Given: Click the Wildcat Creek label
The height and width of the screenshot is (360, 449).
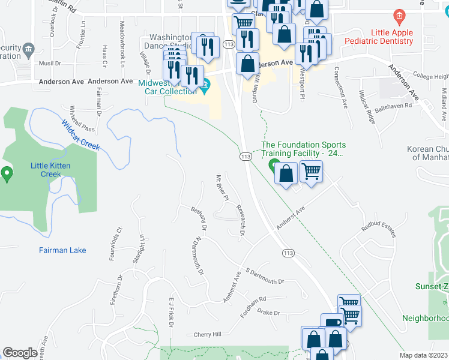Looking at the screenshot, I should [80, 135].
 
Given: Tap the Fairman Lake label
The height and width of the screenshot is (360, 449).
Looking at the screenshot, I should [62, 250].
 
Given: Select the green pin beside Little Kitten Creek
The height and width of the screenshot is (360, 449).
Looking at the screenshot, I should [7, 175].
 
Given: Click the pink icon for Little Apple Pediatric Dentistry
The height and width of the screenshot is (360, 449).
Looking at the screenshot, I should [397, 16].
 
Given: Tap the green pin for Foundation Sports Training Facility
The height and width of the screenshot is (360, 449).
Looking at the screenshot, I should [274, 165].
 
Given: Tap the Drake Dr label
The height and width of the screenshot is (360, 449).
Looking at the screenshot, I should [268, 313].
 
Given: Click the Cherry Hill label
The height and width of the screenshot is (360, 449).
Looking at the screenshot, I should [207, 334].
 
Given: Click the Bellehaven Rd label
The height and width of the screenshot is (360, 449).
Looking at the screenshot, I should [408, 106].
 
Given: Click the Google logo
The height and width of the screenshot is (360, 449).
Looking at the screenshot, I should [20, 353].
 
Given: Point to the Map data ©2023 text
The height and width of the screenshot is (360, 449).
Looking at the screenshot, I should [423, 355].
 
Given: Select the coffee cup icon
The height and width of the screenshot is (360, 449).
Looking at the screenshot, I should [332, 323].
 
